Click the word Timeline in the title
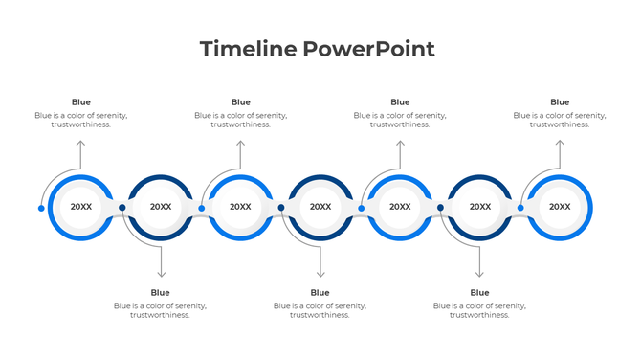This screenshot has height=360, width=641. click(x=247, y=49)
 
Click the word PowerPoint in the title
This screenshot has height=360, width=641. click(x=368, y=49)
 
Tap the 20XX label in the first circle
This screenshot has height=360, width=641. click(x=81, y=207)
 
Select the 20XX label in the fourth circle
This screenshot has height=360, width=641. click(x=320, y=207)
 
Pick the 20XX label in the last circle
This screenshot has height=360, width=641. click(x=560, y=207)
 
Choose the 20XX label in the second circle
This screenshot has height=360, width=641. click(x=161, y=207)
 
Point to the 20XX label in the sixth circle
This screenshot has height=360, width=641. click(x=480, y=207)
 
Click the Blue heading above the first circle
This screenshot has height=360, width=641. click(x=81, y=102)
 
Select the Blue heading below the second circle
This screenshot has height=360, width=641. click(x=161, y=292)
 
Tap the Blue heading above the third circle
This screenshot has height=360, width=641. click(x=241, y=102)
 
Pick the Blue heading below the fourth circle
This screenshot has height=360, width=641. click(x=320, y=292)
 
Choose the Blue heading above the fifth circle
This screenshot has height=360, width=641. click(x=400, y=102)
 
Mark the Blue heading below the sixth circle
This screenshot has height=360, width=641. click(x=480, y=292)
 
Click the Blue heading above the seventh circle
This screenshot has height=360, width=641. click(x=560, y=102)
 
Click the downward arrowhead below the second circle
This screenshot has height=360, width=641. click(x=161, y=274)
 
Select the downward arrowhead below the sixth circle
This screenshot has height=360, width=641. click(x=480, y=274)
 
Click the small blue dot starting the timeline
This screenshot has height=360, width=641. click(x=41, y=208)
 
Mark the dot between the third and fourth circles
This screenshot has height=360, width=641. click(x=281, y=207)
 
